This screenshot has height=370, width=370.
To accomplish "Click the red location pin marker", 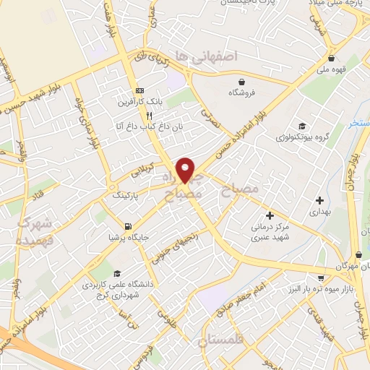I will [186, 169].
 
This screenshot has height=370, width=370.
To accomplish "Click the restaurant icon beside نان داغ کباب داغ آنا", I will [149, 115].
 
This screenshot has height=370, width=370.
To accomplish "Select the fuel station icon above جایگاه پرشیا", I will [128, 225].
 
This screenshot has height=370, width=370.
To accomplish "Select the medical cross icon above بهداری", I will [319, 200].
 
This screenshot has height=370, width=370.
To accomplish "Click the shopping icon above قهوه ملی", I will [331, 59].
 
